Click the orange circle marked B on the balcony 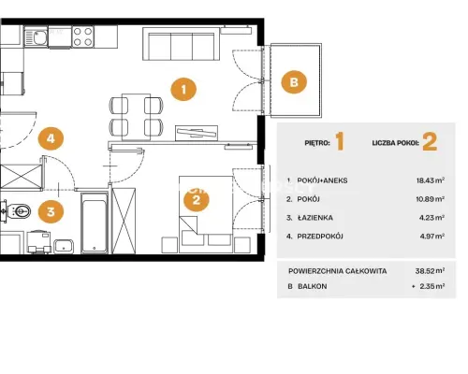click(x=294, y=82)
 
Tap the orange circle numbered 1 click(x=183, y=90)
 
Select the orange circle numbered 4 click(x=51, y=138)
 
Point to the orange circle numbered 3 click(x=51, y=211)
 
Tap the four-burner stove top click(x=83, y=36)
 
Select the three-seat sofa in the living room click(x=181, y=44)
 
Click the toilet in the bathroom click(x=19, y=211)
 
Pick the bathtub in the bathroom click(x=95, y=223)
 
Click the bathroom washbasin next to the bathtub click(x=64, y=246)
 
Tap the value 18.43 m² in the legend click(x=431, y=180)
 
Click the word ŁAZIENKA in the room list click(x=314, y=218)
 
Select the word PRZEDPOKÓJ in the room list click(x=320, y=237)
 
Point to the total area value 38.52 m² click(x=430, y=271)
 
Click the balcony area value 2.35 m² click(x=432, y=286)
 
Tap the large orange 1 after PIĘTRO click(x=340, y=141)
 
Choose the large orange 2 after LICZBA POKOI click(x=430, y=141)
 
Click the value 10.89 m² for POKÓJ click(x=431, y=199)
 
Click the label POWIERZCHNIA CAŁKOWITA click(x=338, y=271)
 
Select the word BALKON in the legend click(x=313, y=286)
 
